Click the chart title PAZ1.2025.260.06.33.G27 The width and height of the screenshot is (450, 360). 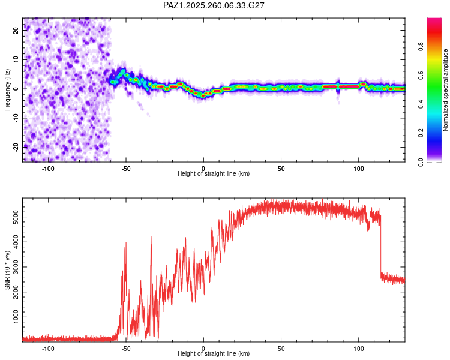point(214,5)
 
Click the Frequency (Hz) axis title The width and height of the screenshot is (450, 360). point(7,90)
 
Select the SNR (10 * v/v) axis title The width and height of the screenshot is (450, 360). point(7,270)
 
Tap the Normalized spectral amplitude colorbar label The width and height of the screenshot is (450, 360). point(445,90)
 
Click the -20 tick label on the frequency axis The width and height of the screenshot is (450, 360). point(16,147)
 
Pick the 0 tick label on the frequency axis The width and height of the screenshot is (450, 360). point(16,89)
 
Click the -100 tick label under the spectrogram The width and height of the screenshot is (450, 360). point(48,169)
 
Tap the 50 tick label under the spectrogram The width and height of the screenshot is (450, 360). point(281,169)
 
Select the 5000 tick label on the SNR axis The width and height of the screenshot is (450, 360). point(16,217)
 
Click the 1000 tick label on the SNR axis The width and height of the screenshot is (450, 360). point(16,317)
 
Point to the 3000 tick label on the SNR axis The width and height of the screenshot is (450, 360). point(16,267)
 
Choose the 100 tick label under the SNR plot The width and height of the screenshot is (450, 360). point(358,349)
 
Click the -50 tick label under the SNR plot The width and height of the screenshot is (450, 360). point(126,349)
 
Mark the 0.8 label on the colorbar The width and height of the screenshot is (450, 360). point(421,47)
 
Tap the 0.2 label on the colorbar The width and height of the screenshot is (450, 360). point(421,133)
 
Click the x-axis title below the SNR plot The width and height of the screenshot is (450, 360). point(214,353)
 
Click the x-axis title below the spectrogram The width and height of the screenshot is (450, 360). point(214,173)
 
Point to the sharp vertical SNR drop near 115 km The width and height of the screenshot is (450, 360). point(380,247)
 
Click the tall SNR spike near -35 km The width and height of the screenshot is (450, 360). point(151,287)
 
